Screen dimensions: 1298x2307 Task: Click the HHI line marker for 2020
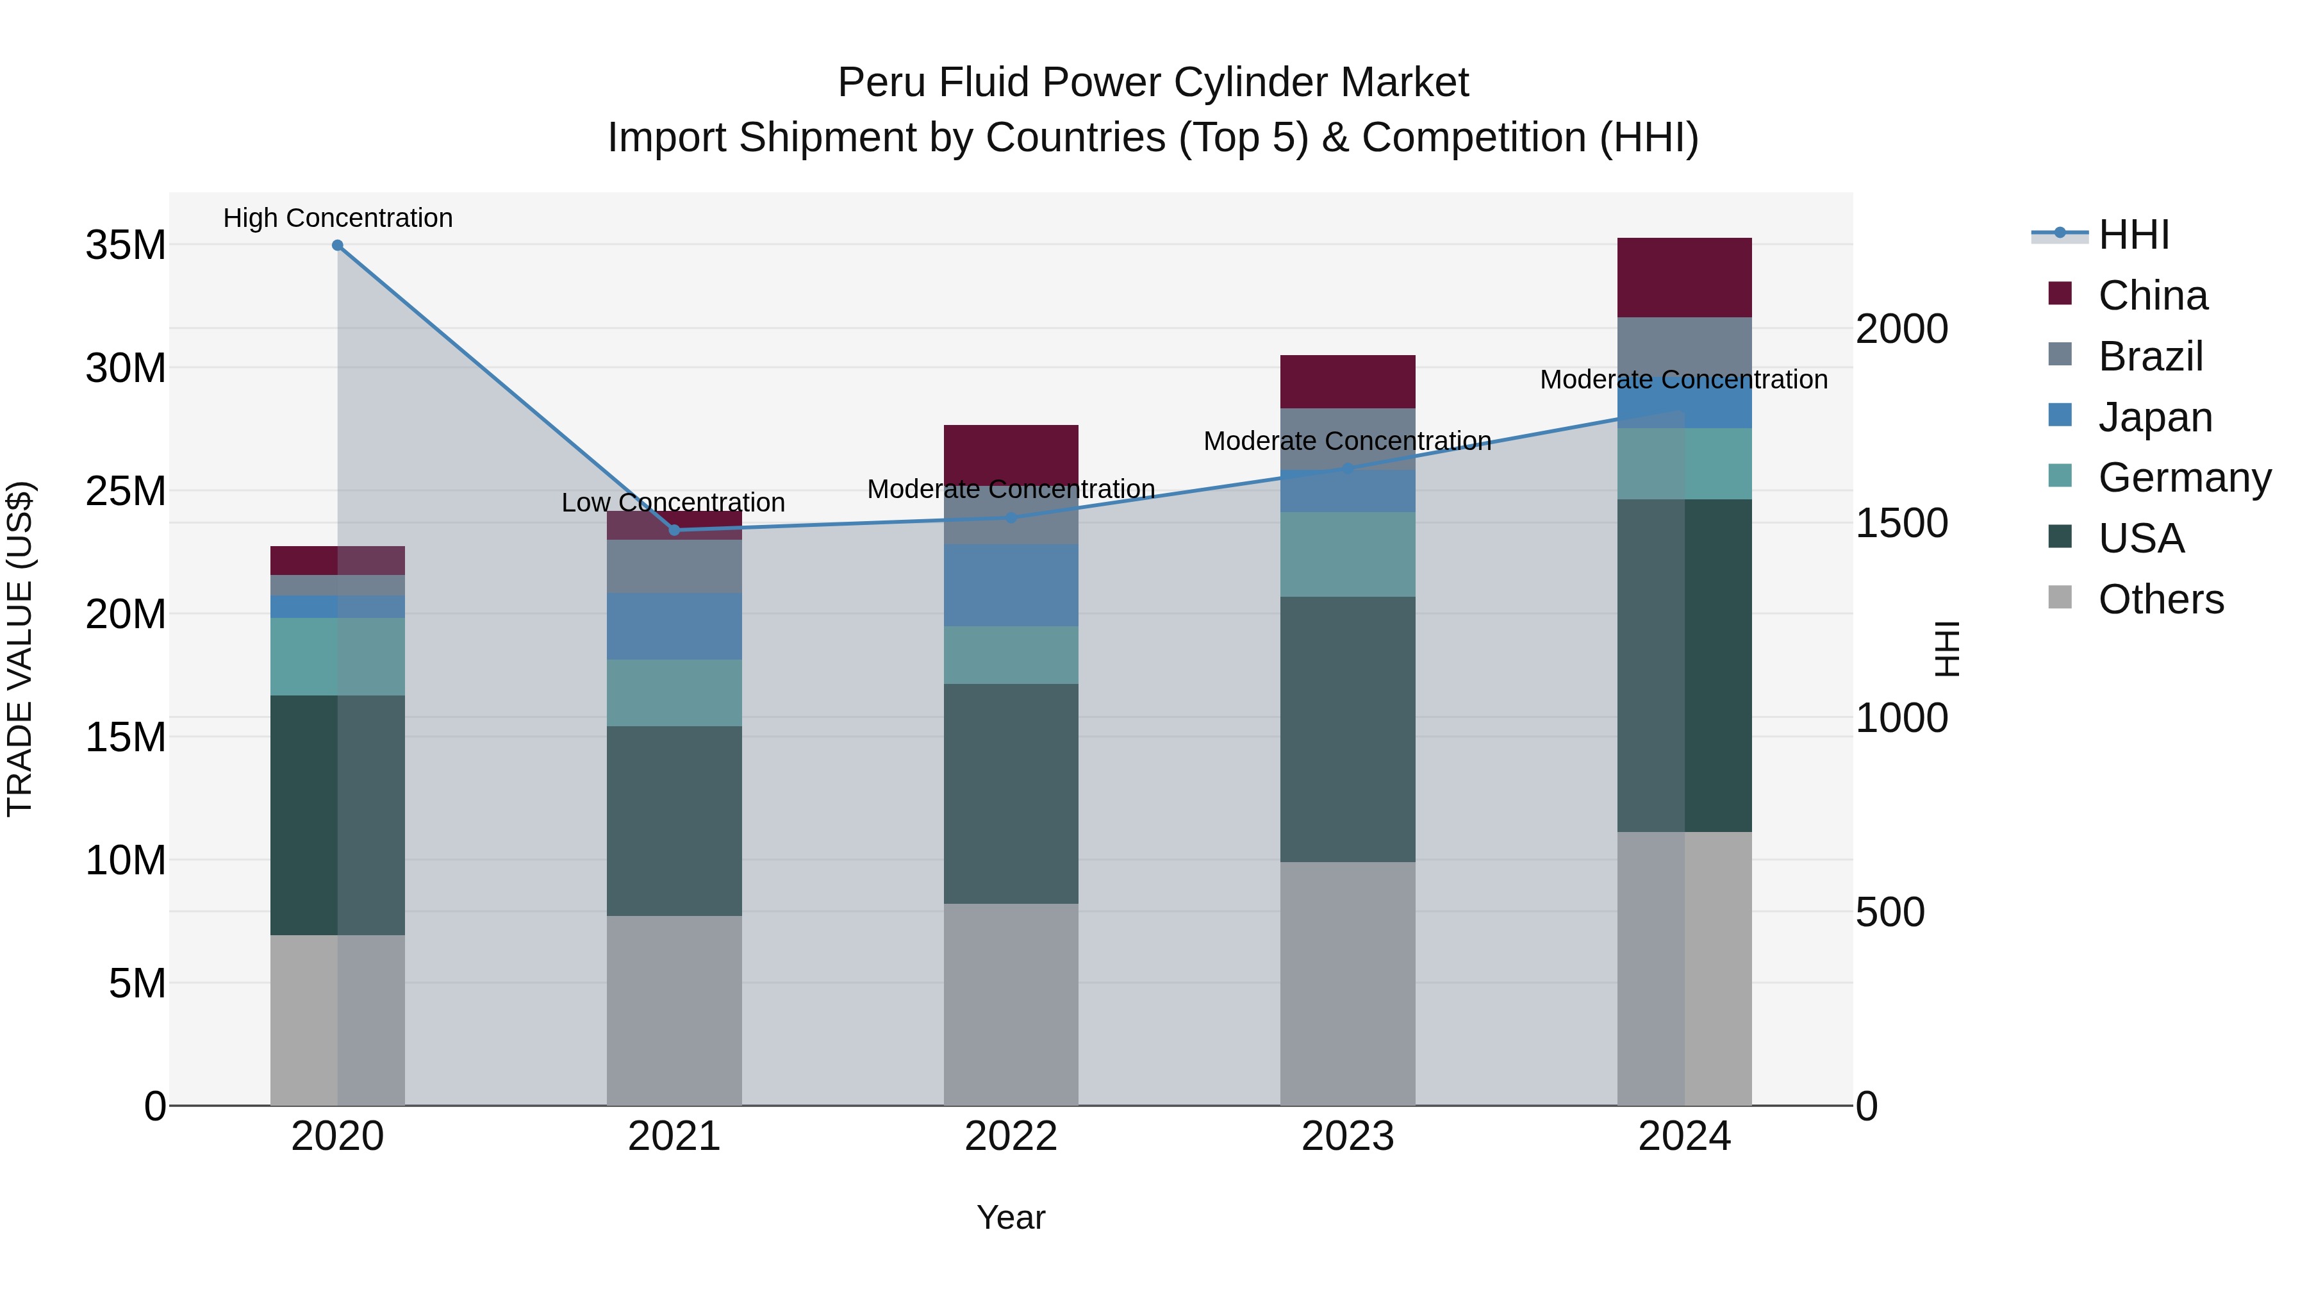pyautogui.click(x=338, y=245)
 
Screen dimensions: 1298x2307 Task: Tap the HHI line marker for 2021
pyautogui.click(x=674, y=530)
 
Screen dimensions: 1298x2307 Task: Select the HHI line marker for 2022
pyautogui.click(x=1011, y=518)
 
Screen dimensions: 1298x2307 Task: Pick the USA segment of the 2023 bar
pyautogui.click(x=1347, y=729)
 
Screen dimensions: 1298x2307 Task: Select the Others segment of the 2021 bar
pyautogui.click(x=674, y=1010)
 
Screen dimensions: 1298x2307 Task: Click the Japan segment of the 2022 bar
pyautogui.click(x=1011, y=585)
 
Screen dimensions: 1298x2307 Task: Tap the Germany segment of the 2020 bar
pyautogui.click(x=338, y=656)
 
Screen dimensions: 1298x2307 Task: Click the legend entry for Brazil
pyautogui.click(x=2149, y=356)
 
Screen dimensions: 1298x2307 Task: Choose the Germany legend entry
pyautogui.click(x=2183, y=478)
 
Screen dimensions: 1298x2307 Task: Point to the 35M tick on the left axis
pyautogui.click(x=126, y=245)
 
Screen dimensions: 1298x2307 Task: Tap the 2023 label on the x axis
pyautogui.click(x=1347, y=1136)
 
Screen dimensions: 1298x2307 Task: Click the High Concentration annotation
pyautogui.click(x=338, y=218)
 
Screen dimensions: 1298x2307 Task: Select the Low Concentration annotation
pyautogui.click(x=674, y=503)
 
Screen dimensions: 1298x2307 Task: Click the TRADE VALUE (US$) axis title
pyautogui.click(x=20, y=649)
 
